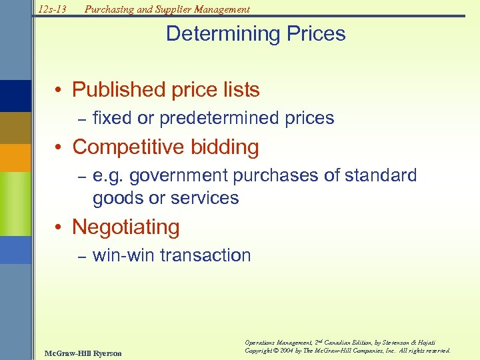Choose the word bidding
click(227, 147)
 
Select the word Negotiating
click(126, 227)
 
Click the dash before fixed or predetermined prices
click(83, 119)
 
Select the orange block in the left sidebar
click(15, 158)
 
